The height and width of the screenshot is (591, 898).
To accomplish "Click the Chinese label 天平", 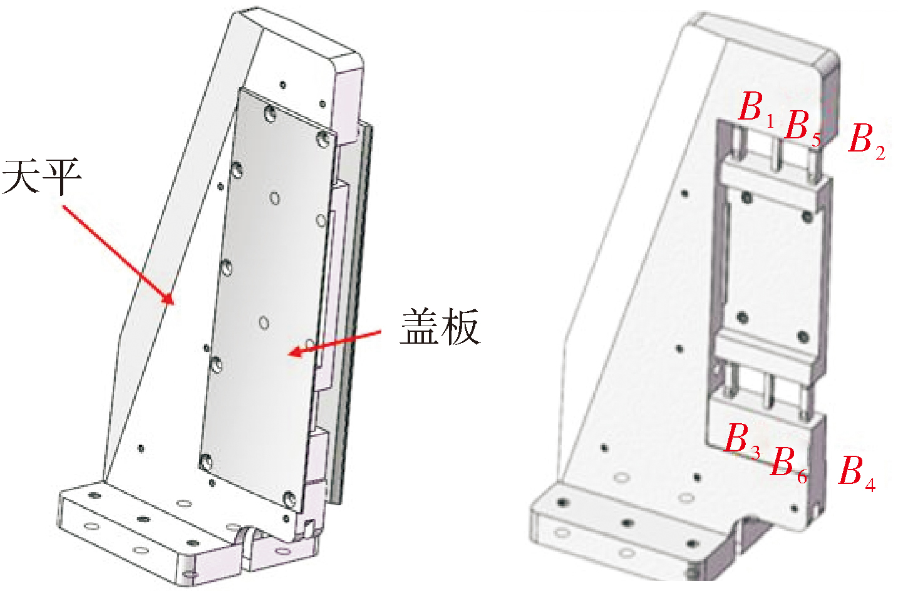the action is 42,177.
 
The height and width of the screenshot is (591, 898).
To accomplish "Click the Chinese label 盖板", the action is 440,327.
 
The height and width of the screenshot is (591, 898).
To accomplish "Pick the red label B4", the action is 857,473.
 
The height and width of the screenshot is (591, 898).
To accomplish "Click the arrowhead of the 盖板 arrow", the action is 295,352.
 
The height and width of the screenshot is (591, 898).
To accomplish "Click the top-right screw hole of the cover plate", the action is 323,139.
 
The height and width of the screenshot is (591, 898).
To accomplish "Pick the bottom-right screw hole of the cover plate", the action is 289,500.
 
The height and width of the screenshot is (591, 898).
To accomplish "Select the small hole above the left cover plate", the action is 283,85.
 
